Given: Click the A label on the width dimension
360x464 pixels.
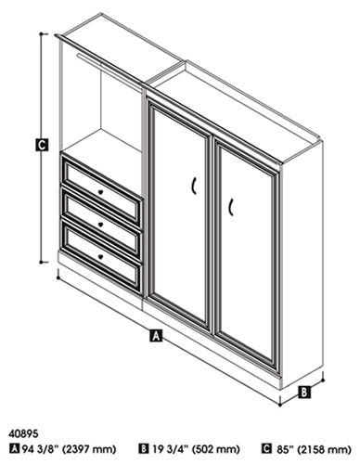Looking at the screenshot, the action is click(156, 335).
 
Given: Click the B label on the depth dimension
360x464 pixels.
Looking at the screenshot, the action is click(304, 393).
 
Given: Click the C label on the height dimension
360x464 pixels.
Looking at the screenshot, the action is click(42, 145).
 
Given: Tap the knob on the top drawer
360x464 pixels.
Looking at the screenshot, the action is click(100, 192).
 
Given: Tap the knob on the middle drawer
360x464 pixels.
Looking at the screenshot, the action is click(100, 225).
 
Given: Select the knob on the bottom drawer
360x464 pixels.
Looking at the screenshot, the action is click(100, 256).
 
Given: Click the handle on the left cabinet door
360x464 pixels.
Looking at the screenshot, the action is click(194, 186).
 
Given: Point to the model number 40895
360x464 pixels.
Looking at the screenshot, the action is click(24, 433).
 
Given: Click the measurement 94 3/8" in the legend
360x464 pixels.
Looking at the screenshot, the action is click(41, 448).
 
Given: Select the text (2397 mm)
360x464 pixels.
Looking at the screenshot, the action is click(90, 449).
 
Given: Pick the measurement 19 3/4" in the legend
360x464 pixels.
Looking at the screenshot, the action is click(170, 448).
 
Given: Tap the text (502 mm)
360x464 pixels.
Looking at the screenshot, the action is click(215, 449).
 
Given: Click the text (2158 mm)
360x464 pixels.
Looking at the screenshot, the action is click(323, 449).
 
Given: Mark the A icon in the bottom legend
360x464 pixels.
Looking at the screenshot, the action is click(15, 448).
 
